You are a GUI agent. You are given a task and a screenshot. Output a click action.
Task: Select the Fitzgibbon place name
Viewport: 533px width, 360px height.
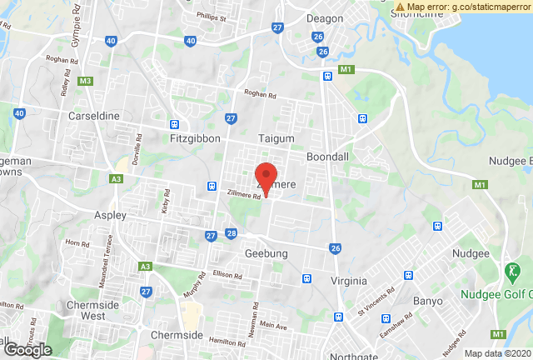click(x=192, y=136)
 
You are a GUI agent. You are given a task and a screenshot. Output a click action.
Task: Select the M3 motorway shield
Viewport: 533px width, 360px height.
click(x=85, y=81)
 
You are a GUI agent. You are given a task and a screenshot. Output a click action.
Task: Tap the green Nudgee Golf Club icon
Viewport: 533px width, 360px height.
click(x=511, y=271)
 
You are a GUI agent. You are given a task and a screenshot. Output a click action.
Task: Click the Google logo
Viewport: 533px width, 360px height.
click(x=27, y=350)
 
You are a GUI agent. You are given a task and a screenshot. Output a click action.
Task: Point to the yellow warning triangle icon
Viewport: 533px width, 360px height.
click(x=401, y=7)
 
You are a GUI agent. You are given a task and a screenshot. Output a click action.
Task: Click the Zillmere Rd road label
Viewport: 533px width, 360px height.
click(x=245, y=195)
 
